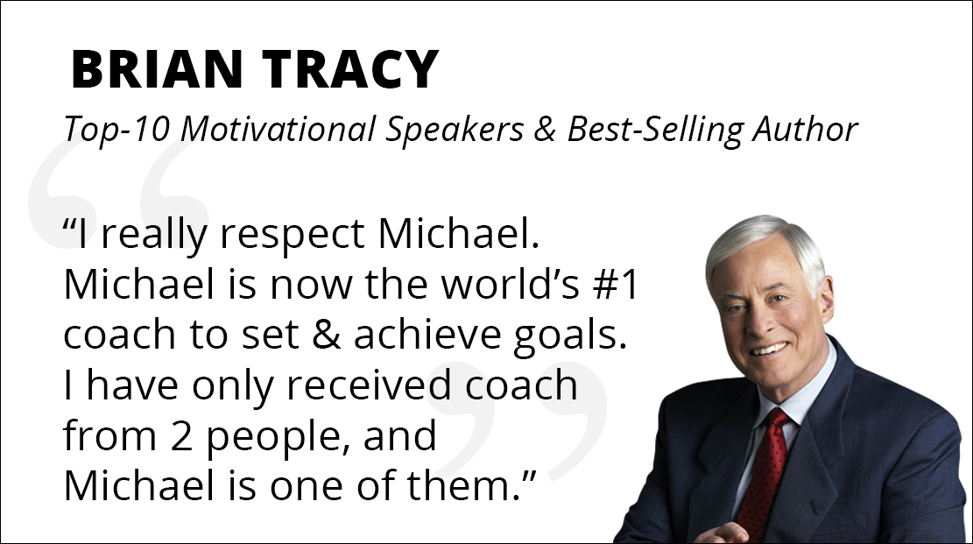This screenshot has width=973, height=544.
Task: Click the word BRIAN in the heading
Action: point(157,69)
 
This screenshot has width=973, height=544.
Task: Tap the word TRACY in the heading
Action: point(350,69)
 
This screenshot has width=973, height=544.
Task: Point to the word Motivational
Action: point(278,129)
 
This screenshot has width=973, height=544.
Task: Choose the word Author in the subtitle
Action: point(805,129)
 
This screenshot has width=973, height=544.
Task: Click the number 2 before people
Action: point(180,436)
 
